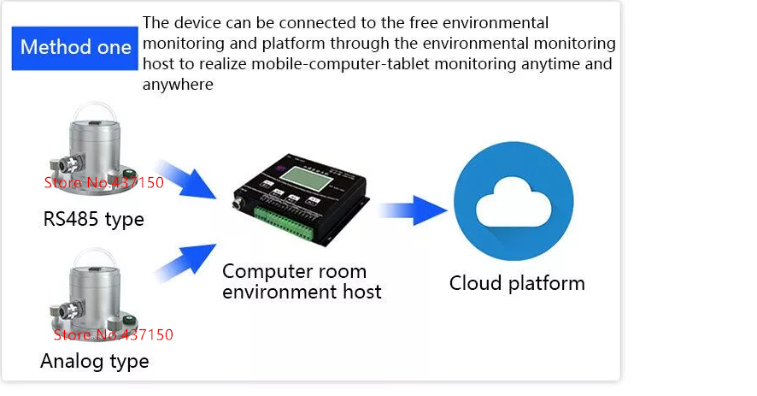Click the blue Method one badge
pyautogui.click(x=75, y=46)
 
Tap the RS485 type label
pyautogui.click(x=93, y=220)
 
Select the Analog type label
pyautogui.click(x=94, y=361)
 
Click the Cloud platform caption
pyautogui.click(x=517, y=283)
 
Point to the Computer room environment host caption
pyautogui.click(x=302, y=281)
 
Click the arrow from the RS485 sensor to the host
pyautogui.click(x=187, y=178)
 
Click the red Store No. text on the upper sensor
pyautogui.click(x=103, y=181)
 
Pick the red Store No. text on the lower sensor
pyautogui.click(x=113, y=334)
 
